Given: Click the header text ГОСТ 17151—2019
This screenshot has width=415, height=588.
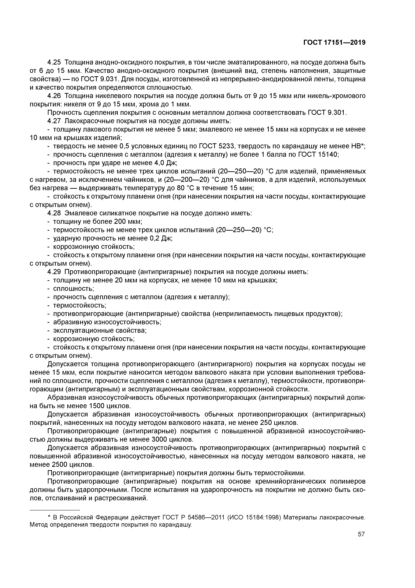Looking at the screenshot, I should click(x=334, y=43).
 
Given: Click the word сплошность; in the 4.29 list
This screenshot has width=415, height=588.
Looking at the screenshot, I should click(x=73, y=289).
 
